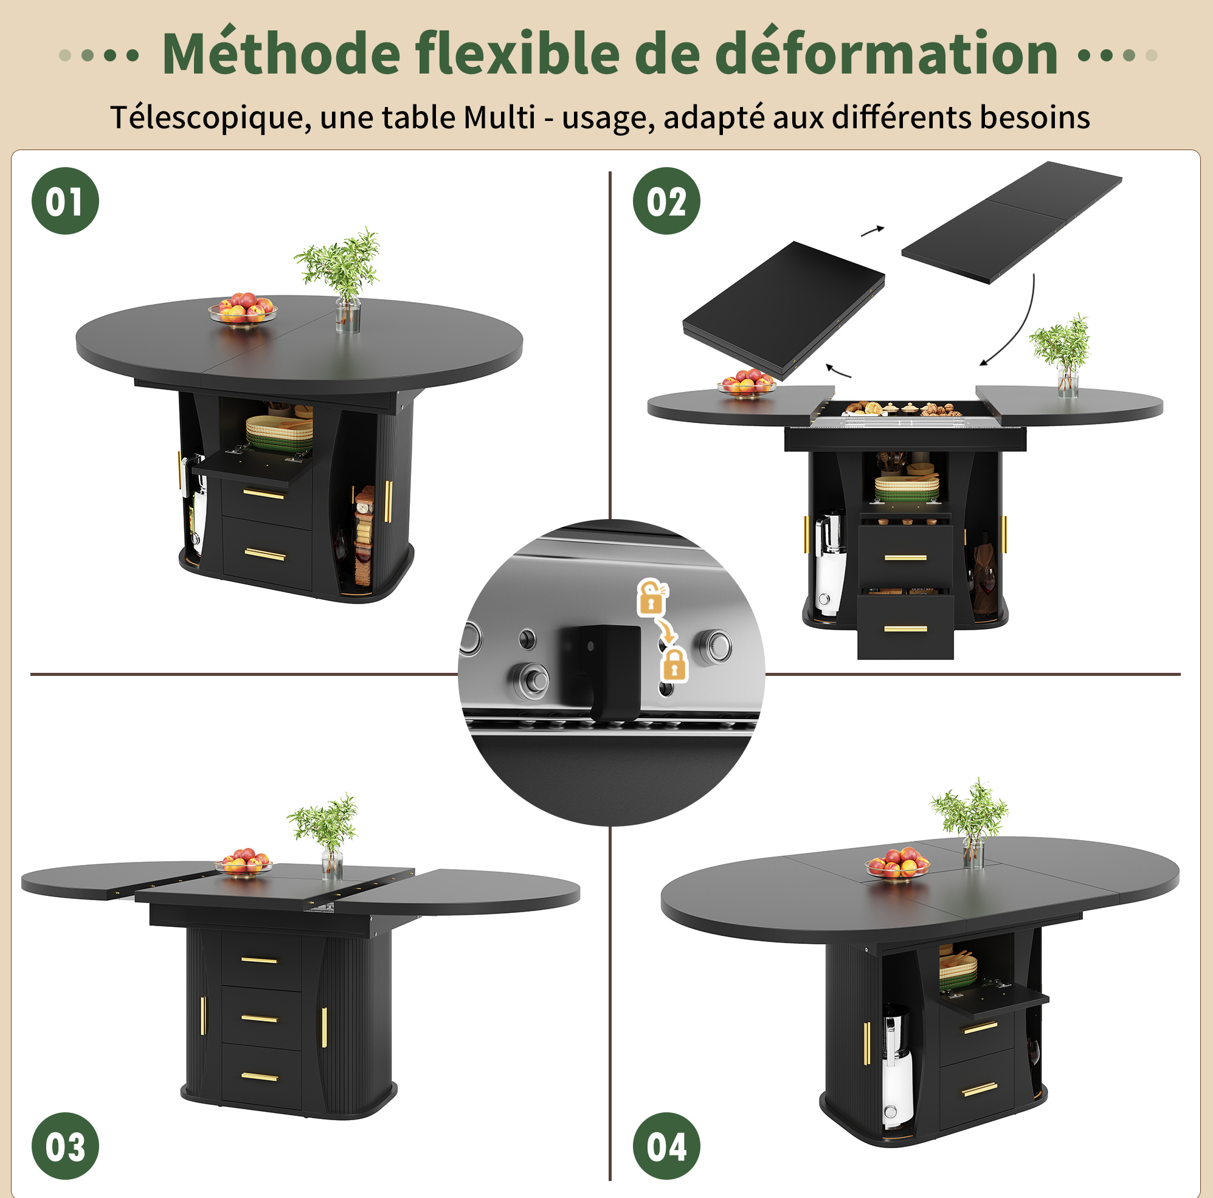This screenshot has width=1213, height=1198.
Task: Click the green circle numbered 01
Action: (65, 201)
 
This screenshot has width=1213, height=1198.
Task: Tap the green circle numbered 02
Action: (666, 201)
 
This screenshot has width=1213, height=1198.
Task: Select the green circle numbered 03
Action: (65, 1146)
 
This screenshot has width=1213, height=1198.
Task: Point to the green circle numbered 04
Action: (666, 1146)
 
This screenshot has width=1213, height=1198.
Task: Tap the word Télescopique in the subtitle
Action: (210, 117)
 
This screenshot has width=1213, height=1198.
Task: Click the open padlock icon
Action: (652, 596)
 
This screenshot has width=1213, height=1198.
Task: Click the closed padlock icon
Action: (674, 665)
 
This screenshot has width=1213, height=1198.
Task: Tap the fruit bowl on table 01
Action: (243, 308)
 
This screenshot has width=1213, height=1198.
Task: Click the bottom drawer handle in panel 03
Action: (259, 1077)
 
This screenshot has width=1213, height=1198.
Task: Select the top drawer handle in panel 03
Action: (259, 960)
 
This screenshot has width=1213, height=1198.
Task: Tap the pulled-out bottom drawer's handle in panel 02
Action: (905, 628)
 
